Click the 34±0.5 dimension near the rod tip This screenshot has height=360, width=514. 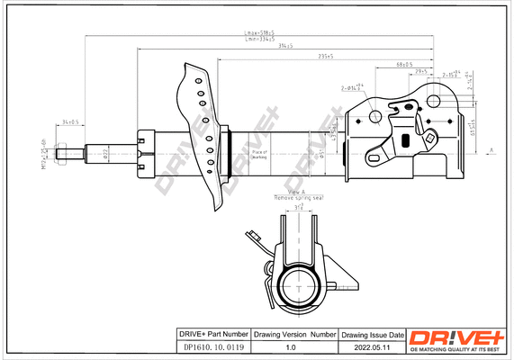69,121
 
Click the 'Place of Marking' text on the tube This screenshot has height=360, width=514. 259,155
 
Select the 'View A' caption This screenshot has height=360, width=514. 297,192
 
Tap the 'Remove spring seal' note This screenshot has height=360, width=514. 297,197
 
